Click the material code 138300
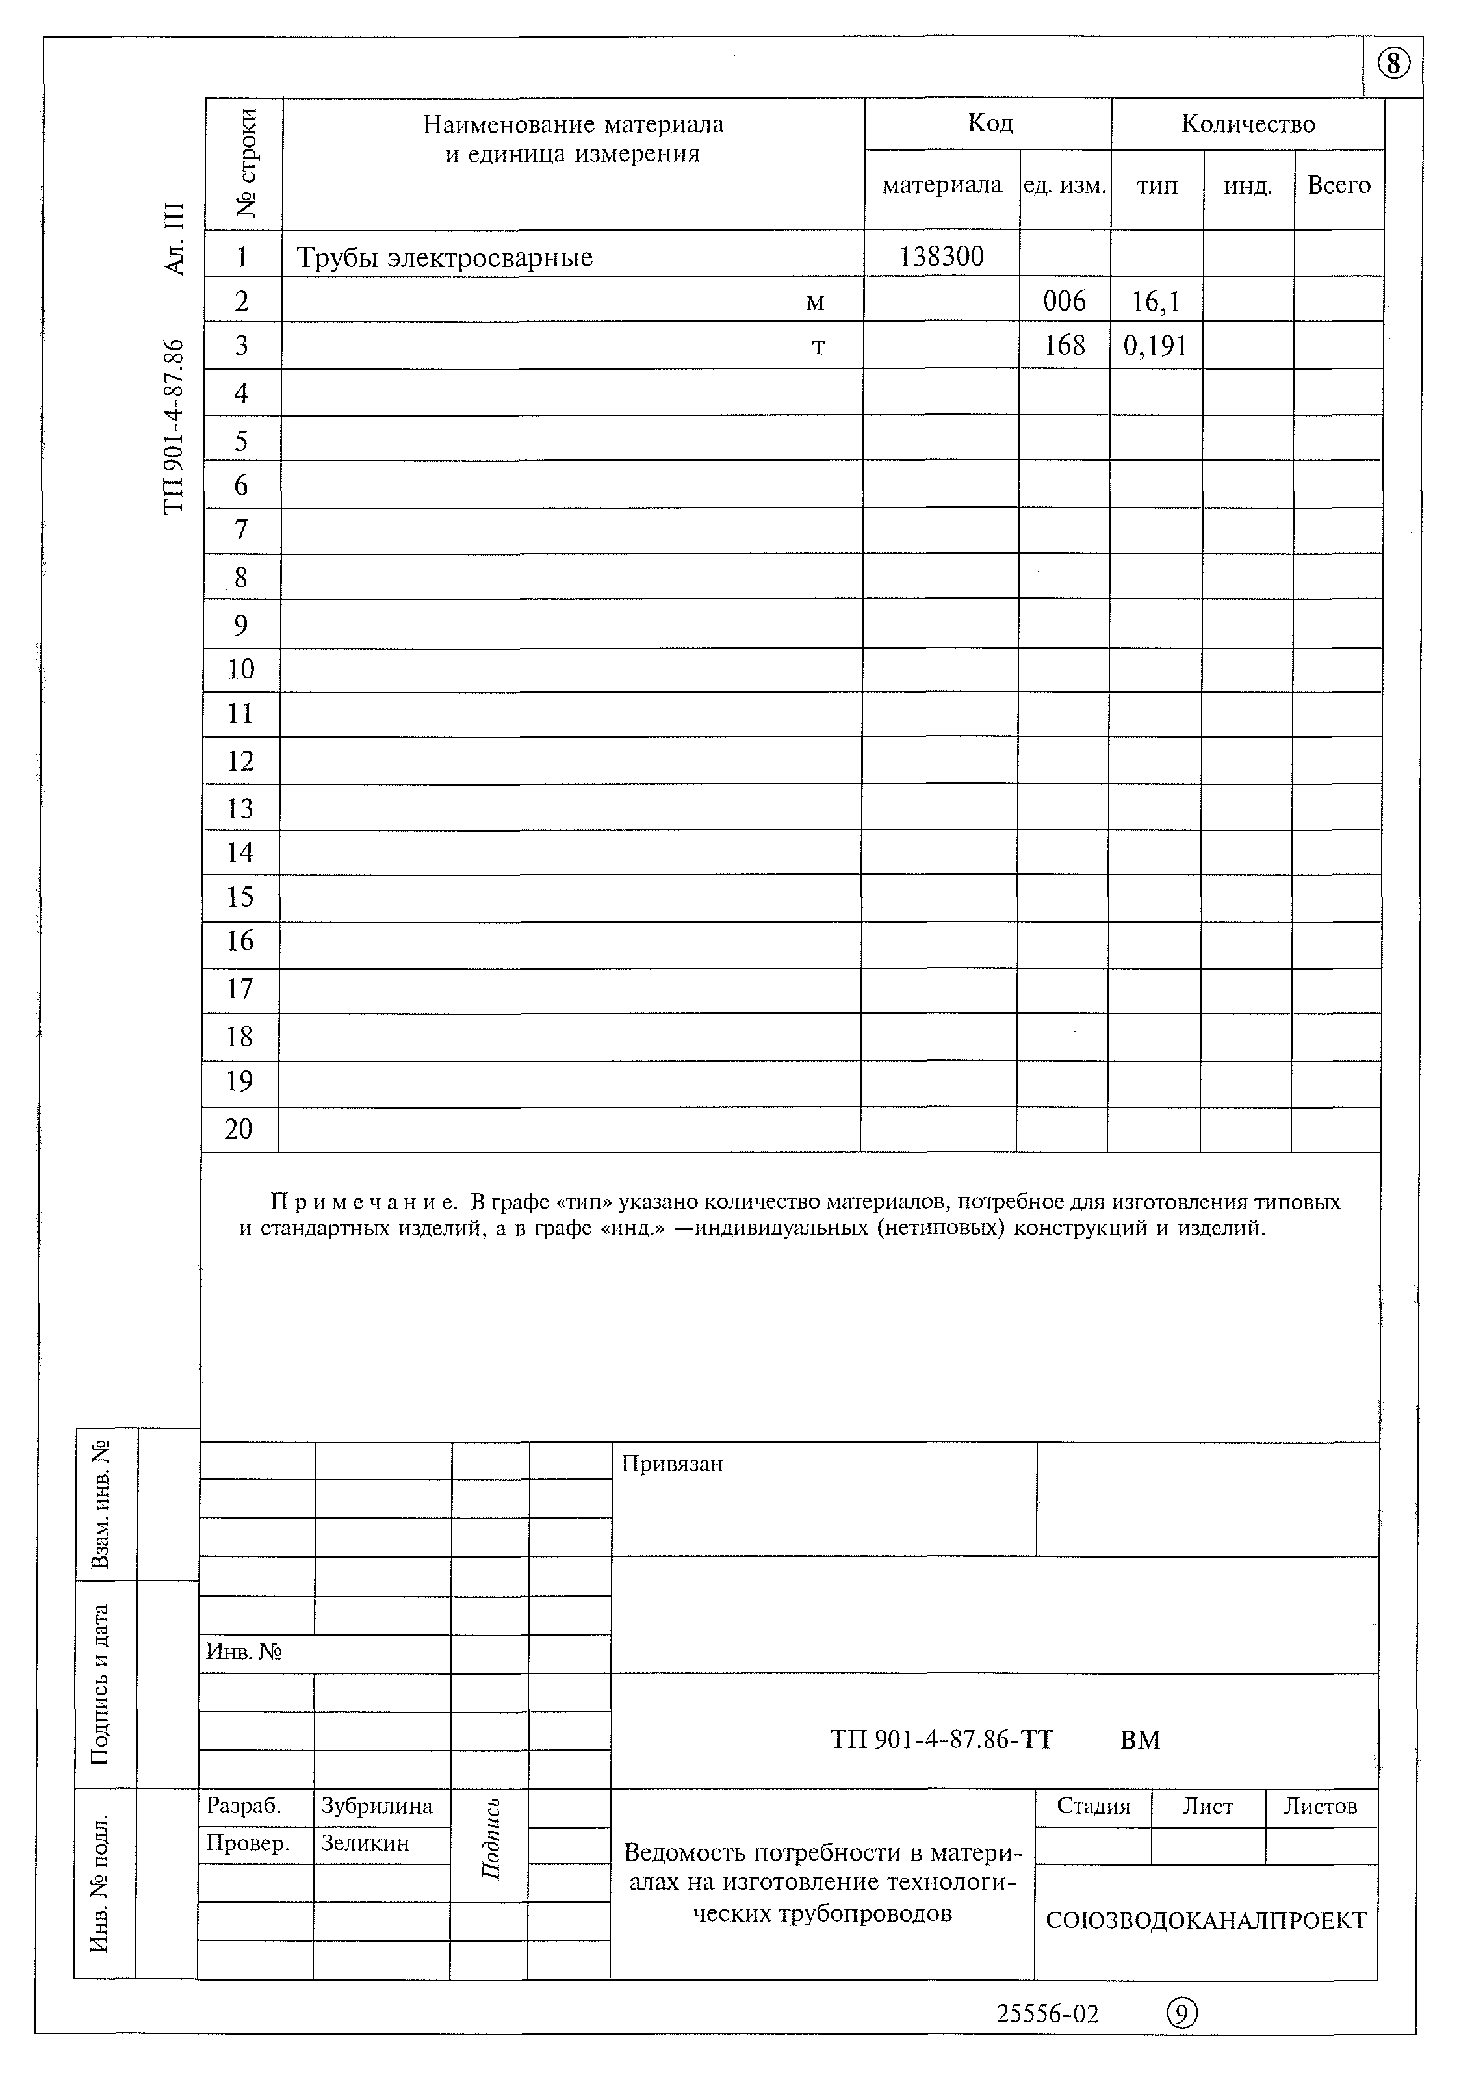pos(941,257)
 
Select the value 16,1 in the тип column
pos(1156,302)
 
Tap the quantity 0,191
pos(1155,346)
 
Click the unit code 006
pos(1064,301)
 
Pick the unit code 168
pos(1064,346)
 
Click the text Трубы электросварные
pos(445,257)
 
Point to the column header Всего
pos(1338,185)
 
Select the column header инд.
pos(1248,186)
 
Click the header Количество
pos(1247,123)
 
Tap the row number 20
pos(239,1129)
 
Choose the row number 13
pos(239,808)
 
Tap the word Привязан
pos(672,1463)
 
